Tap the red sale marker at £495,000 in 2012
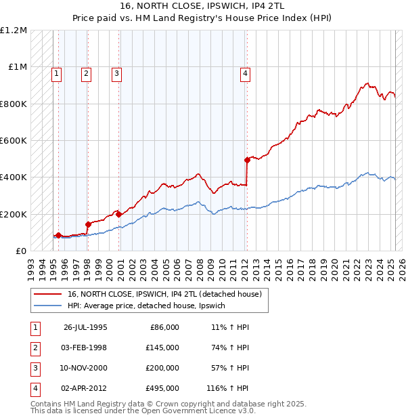point(247,160)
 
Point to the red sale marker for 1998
point(88,224)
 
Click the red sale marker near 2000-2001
point(118,214)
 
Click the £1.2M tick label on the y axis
point(14,30)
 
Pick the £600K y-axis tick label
point(14,141)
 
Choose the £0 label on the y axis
point(20,251)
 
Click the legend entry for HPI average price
point(150,306)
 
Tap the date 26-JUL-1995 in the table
point(85,327)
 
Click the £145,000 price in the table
point(162,348)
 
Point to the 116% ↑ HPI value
point(228,388)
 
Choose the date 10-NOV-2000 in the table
point(85,368)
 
